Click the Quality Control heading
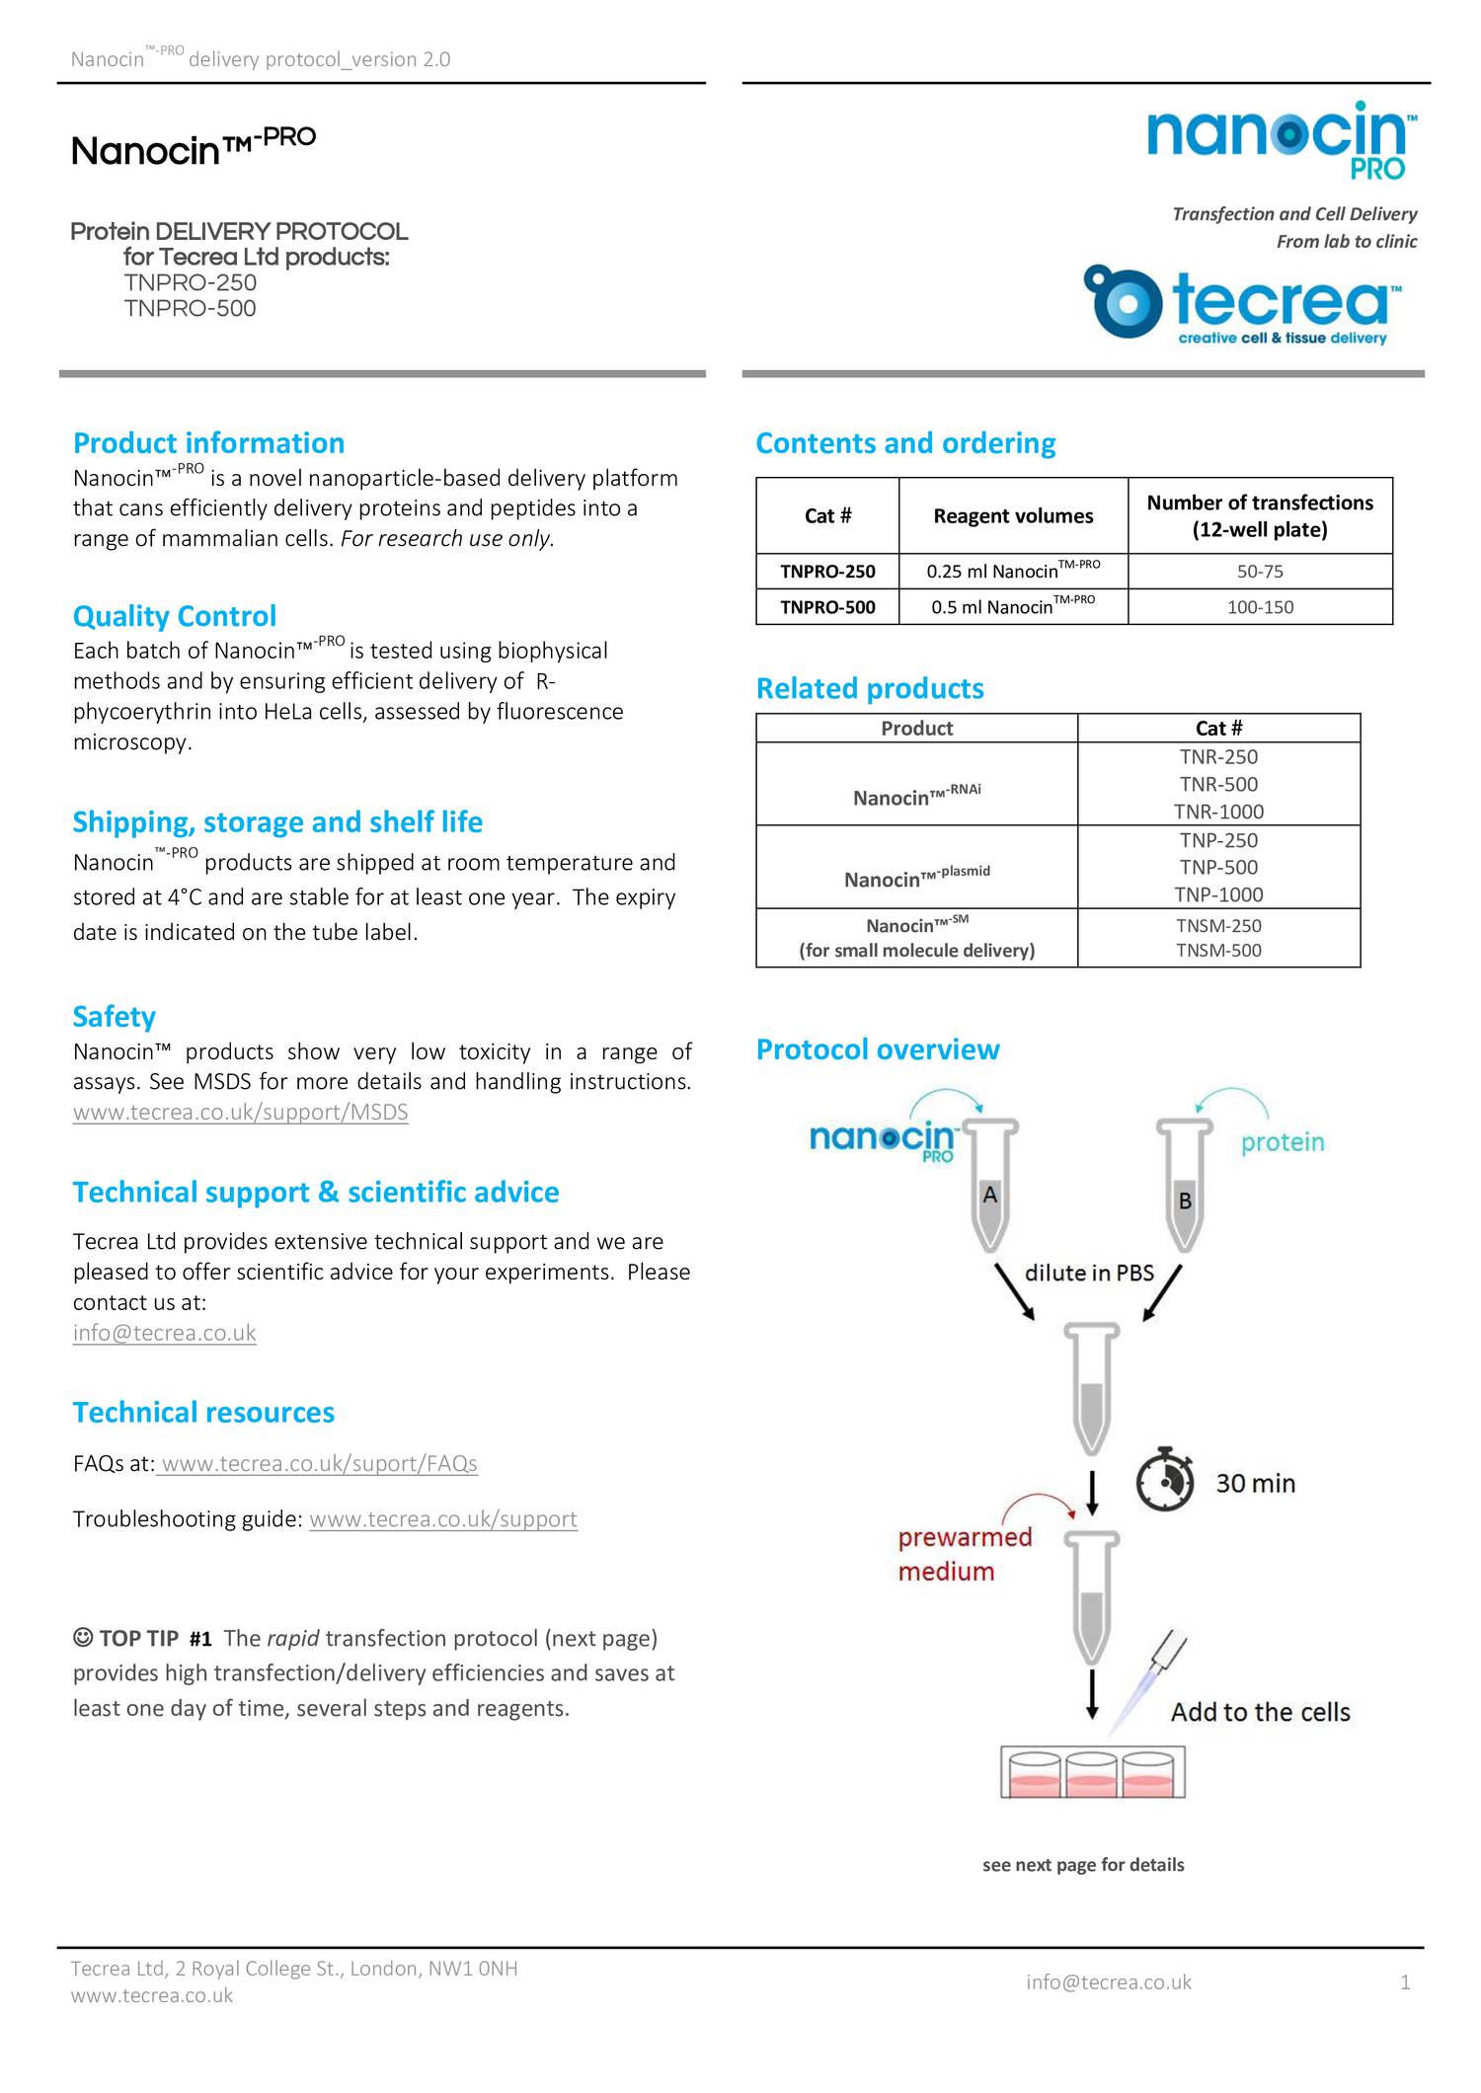(x=175, y=616)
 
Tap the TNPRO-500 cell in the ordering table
(x=827, y=607)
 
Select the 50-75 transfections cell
(x=1260, y=572)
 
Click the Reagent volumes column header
(x=1013, y=516)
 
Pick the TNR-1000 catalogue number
(x=1218, y=812)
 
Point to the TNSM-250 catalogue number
(x=1218, y=926)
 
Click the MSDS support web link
(x=240, y=1113)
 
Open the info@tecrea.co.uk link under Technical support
(x=164, y=1333)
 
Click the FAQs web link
(x=318, y=1463)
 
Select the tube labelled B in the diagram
(x=1184, y=1190)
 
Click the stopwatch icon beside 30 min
(x=1165, y=1480)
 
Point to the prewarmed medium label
(x=964, y=1554)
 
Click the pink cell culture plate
(x=1092, y=1773)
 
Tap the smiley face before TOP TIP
(x=83, y=1638)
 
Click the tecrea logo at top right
(x=1244, y=303)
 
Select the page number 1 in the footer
(x=1405, y=1982)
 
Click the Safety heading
(x=114, y=1017)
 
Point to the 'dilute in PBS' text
(x=1089, y=1273)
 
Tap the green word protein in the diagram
(x=1282, y=1142)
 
